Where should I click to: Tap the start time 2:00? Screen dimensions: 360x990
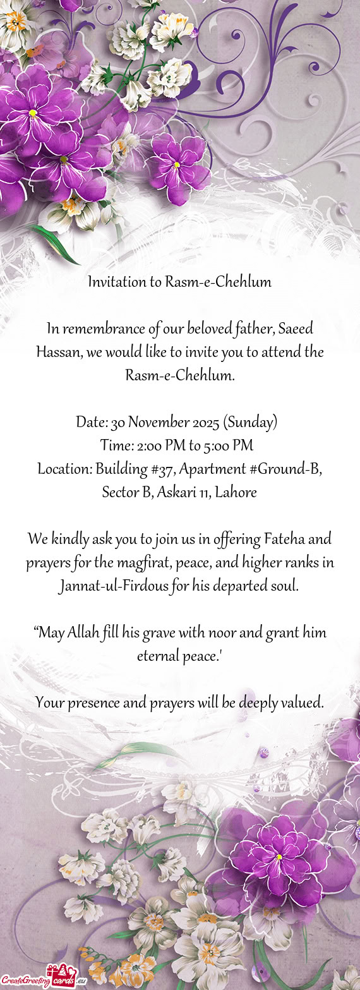point(150,446)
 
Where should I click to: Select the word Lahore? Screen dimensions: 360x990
point(236,493)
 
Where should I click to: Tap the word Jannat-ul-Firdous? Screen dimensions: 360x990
point(117,586)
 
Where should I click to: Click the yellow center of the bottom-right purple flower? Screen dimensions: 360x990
point(278,857)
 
